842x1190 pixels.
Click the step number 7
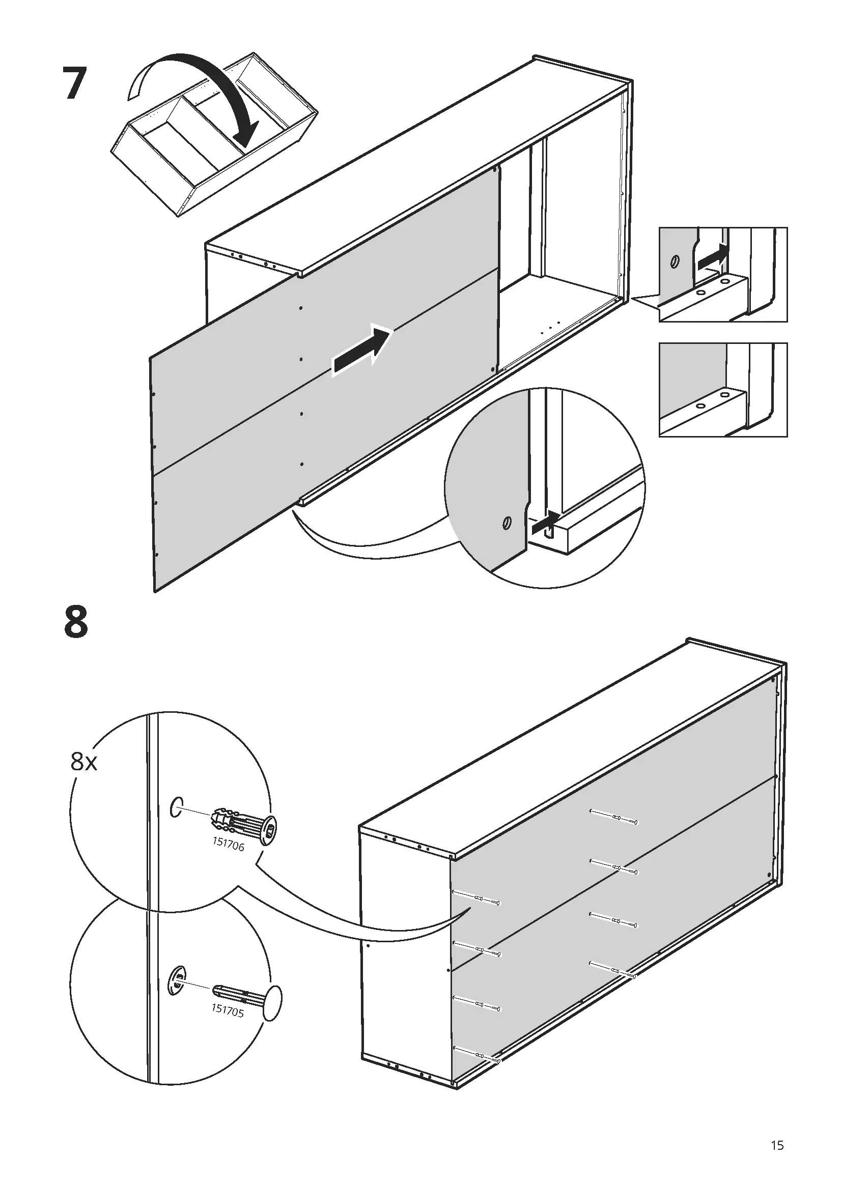[73, 84]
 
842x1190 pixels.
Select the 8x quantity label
[84, 762]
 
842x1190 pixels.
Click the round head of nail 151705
[273, 1004]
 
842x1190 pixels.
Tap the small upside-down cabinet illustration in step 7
[213, 135]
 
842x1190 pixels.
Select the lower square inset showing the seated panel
[723, 389]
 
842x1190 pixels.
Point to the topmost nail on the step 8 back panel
[613, 818]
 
